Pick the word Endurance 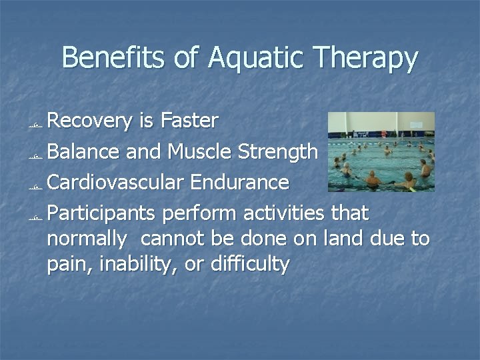point(248,182)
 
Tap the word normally point(87,239)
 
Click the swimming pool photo point(381,151)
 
